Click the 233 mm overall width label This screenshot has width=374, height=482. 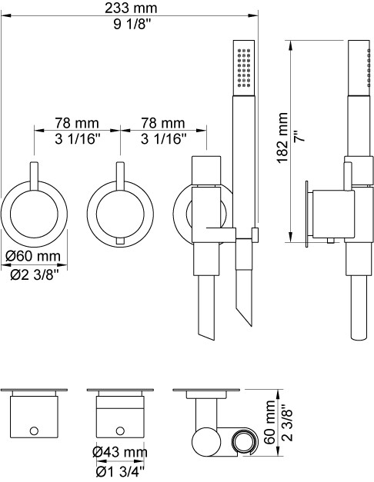(x=131, y=8)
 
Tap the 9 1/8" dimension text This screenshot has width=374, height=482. (x=133, y=24)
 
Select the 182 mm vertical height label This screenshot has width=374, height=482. (x=282, y=138)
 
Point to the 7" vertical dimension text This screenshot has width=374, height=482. (x=300, y=136)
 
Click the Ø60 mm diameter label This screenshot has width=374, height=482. (x=33, y=256)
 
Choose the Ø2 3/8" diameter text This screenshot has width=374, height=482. (x=35, y=274)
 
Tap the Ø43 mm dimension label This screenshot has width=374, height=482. (x=120, y=452)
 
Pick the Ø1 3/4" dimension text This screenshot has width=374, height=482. (x=120, y=470)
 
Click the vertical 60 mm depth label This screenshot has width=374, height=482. (x=271, y=421)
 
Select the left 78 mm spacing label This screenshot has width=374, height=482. (x=77, y=123)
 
